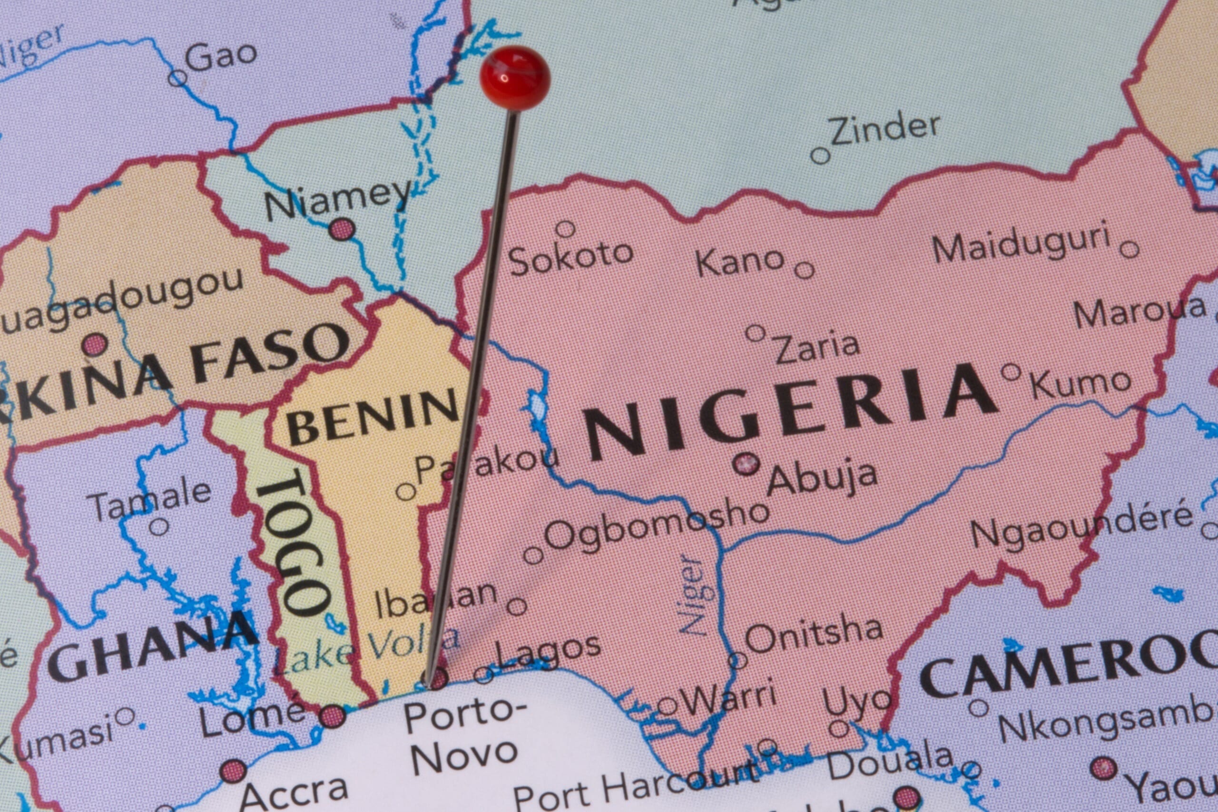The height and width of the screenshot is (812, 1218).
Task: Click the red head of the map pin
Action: click(x=515, y=78)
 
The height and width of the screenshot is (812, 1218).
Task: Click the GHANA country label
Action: click(x=153, y=647)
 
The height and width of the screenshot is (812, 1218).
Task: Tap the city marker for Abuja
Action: click(x=746, y=463)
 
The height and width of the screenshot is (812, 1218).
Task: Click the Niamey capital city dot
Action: click(x=342, y=228)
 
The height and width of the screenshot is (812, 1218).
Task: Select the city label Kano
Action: click(x=739, y=262)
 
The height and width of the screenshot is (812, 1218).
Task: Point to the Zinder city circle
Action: click(x=820, y=155)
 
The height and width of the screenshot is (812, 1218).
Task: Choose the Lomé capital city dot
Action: click(x=332, y=717)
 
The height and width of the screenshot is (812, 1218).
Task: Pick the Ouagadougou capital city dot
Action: click(x=95, y=344)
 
